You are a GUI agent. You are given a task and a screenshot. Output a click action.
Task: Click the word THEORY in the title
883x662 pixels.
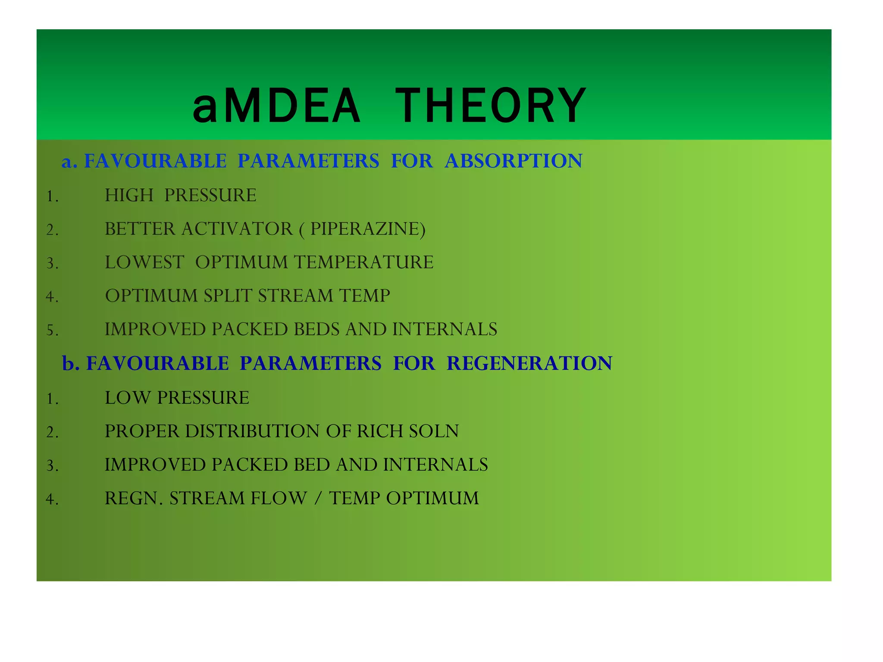click(x=491, y=106)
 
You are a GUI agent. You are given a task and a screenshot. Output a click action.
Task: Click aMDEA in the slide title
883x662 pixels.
click(x=276, y=106)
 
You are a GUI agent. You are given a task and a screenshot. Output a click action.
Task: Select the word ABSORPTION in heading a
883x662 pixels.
click(x=513, y=161)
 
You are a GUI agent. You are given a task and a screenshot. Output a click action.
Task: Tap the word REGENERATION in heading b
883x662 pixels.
click(x=529, y=363)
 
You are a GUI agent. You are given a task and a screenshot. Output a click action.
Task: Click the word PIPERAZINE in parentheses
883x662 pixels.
click(x=365, y=229)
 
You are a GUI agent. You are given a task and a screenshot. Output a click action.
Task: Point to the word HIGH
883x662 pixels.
click(x=129, y=196)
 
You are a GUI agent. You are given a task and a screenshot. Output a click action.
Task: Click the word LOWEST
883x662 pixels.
click(x=144, y=262)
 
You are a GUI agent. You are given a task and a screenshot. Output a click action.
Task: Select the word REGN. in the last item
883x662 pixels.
click(x=134, y=499)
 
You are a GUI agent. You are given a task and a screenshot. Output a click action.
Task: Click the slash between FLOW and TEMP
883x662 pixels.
click(x=318, y=499)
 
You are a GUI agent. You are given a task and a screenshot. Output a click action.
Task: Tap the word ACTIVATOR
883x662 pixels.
click(x=237, y=229)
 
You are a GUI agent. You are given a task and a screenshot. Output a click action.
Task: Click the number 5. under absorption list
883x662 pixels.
click(x=52, y=331)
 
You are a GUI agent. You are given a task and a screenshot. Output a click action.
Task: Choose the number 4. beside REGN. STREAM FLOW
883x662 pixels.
click(x=52, y=500)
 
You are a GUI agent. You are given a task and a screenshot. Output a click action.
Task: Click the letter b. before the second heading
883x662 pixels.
click(x=71, y=363)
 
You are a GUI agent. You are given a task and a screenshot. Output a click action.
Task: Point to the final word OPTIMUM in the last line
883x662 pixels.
click(x=432, y=499)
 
